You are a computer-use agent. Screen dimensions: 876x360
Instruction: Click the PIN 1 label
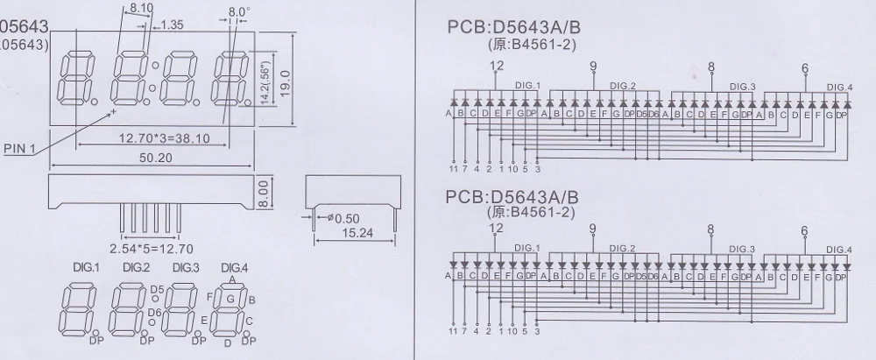(20, 149)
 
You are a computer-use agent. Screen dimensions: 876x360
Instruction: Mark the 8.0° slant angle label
(239, 12)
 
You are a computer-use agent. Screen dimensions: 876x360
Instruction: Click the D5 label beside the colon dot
(158, 289)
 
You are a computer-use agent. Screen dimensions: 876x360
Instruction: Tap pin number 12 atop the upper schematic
(497, 66)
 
